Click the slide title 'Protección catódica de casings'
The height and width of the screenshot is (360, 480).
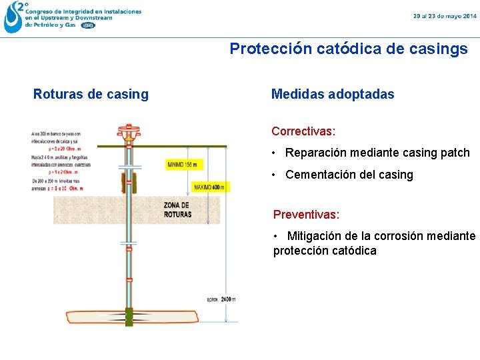[349, 49]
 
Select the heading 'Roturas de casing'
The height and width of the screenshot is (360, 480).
[91, 94]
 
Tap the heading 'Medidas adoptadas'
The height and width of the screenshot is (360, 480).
[332, 94]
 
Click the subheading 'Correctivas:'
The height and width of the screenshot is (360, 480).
[303, 131]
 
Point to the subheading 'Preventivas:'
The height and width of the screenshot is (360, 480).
[306, 215]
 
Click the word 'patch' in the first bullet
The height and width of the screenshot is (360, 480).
[455, 153]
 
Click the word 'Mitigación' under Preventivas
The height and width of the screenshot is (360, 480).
[317, 236]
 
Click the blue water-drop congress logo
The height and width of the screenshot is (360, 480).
[13, 17]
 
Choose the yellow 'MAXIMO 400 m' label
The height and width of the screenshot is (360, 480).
[209, 187]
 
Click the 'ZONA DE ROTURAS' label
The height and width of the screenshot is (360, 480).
[177, 209]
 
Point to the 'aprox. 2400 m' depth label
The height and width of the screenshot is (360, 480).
[222, 299]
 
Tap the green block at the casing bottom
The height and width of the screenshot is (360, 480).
[129, 318]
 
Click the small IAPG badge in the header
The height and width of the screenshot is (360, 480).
[88, 25]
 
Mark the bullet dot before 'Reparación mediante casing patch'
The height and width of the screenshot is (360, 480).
[275, 153]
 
